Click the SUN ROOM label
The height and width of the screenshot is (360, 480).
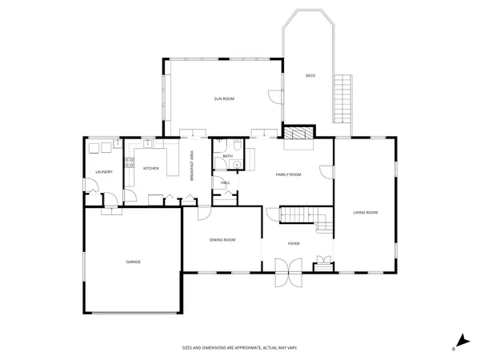pyautogui.click(x=223, y=98)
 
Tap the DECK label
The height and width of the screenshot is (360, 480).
pyautogui.click(x=310, y=76)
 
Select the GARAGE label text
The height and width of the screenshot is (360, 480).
pyautogui.click(x=133, y=262)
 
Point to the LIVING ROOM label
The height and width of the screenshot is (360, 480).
pyautogui.click(x=366, y=212)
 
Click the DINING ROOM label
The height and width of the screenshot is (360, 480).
pyautogui.click(x=222, y=240)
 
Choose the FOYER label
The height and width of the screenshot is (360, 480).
pyautogui.click(x=294, y=243)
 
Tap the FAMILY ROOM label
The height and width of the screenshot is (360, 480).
pyautogui.click(x=288, y=174)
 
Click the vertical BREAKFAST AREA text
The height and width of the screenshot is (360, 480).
pyautogui.click(x=192, y=166)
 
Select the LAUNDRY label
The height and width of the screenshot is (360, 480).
pyautogui.click(x=103, y=172)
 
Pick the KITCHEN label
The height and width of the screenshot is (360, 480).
pyautogui.click(x=150, y=169)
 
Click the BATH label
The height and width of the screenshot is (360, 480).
pyautogui.click(x=227, y=156)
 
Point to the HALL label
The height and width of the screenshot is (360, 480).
pyautogui.click(x=225, y=183)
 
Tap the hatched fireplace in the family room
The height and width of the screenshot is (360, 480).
pyautogui.click(x=298, y=135)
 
